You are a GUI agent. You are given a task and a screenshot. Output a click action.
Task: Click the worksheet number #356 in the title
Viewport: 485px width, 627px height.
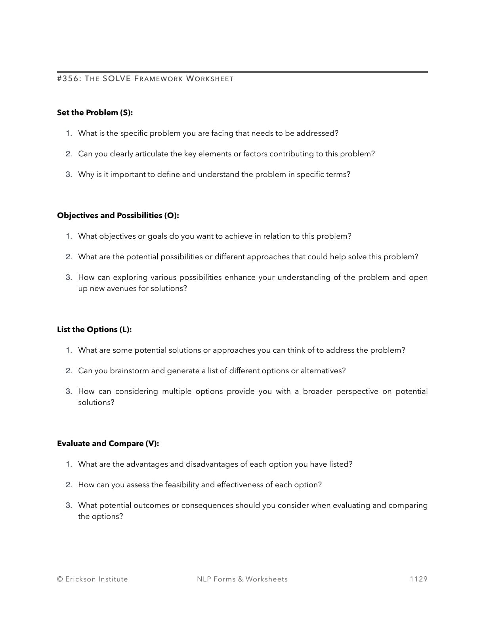click(69, 79)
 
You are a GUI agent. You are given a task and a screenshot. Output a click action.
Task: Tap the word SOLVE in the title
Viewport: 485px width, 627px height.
click(116, 79)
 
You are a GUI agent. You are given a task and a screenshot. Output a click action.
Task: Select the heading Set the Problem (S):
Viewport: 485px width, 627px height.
click(95, 112)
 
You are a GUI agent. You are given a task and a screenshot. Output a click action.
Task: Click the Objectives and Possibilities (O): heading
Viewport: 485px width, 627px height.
click(118, 215)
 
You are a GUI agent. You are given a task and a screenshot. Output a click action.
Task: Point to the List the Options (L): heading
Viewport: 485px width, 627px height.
click(94, 329)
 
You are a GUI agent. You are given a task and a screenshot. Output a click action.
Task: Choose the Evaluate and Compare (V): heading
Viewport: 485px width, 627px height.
click(108, 443)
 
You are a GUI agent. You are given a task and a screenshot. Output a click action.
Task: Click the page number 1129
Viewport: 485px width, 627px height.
click(418, 579)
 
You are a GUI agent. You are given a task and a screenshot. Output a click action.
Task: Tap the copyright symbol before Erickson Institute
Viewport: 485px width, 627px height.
click(60, 579)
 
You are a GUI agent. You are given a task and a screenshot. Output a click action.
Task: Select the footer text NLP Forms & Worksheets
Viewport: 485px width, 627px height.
click(242, 579)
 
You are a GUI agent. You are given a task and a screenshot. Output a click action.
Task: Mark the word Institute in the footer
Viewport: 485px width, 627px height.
click(113, 579)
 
